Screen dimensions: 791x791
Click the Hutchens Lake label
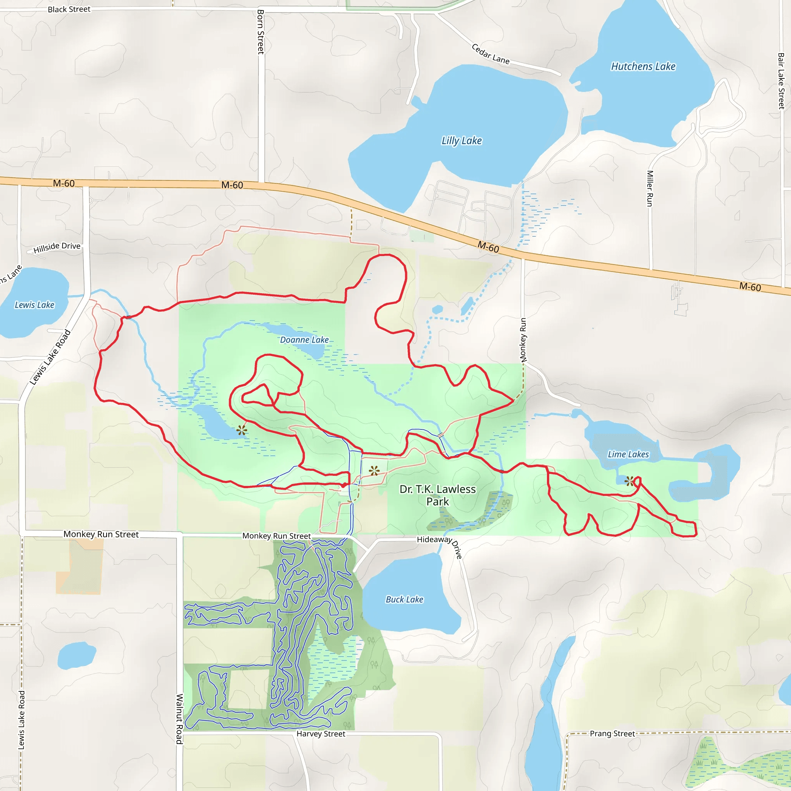pyautogui.click(x=643, y=66)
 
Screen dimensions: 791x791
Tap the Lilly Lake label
pyautogui.click(x=462, y=141)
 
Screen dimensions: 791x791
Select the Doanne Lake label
pyautogui.click(x=304, y=340)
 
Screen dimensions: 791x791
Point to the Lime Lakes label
pyautogui.click(x=628, y=454)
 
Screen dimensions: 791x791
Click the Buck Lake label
pyautogui.click(x=404, y=599)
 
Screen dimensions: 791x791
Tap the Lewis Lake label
pyautogui.click(x=34, y=305)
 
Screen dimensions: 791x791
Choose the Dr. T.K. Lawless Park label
pyautogui.click(x=438, y=495)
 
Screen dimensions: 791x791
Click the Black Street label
pyautogui.click(x=69, y=9)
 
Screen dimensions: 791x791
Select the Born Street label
pyautogui.click(x=260, y=32)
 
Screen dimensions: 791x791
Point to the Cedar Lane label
pyautogui.click(x=491, y=54)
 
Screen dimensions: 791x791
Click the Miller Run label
pyautogui.click(x=650, y=188)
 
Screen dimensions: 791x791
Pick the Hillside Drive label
pyautogui.click(x=57, y=247)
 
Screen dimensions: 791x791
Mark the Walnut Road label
pyautogui.click(x=179, y=718)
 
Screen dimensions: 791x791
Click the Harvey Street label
pyautogui.click(x=321, y=734)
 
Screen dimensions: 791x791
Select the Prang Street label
pyautogui.click(x=612, y=733)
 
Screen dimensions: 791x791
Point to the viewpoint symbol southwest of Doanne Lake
pyautogui.click(x=241, y=430)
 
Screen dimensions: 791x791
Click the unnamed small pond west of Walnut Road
pyautogui.click(x=76, y=655)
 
